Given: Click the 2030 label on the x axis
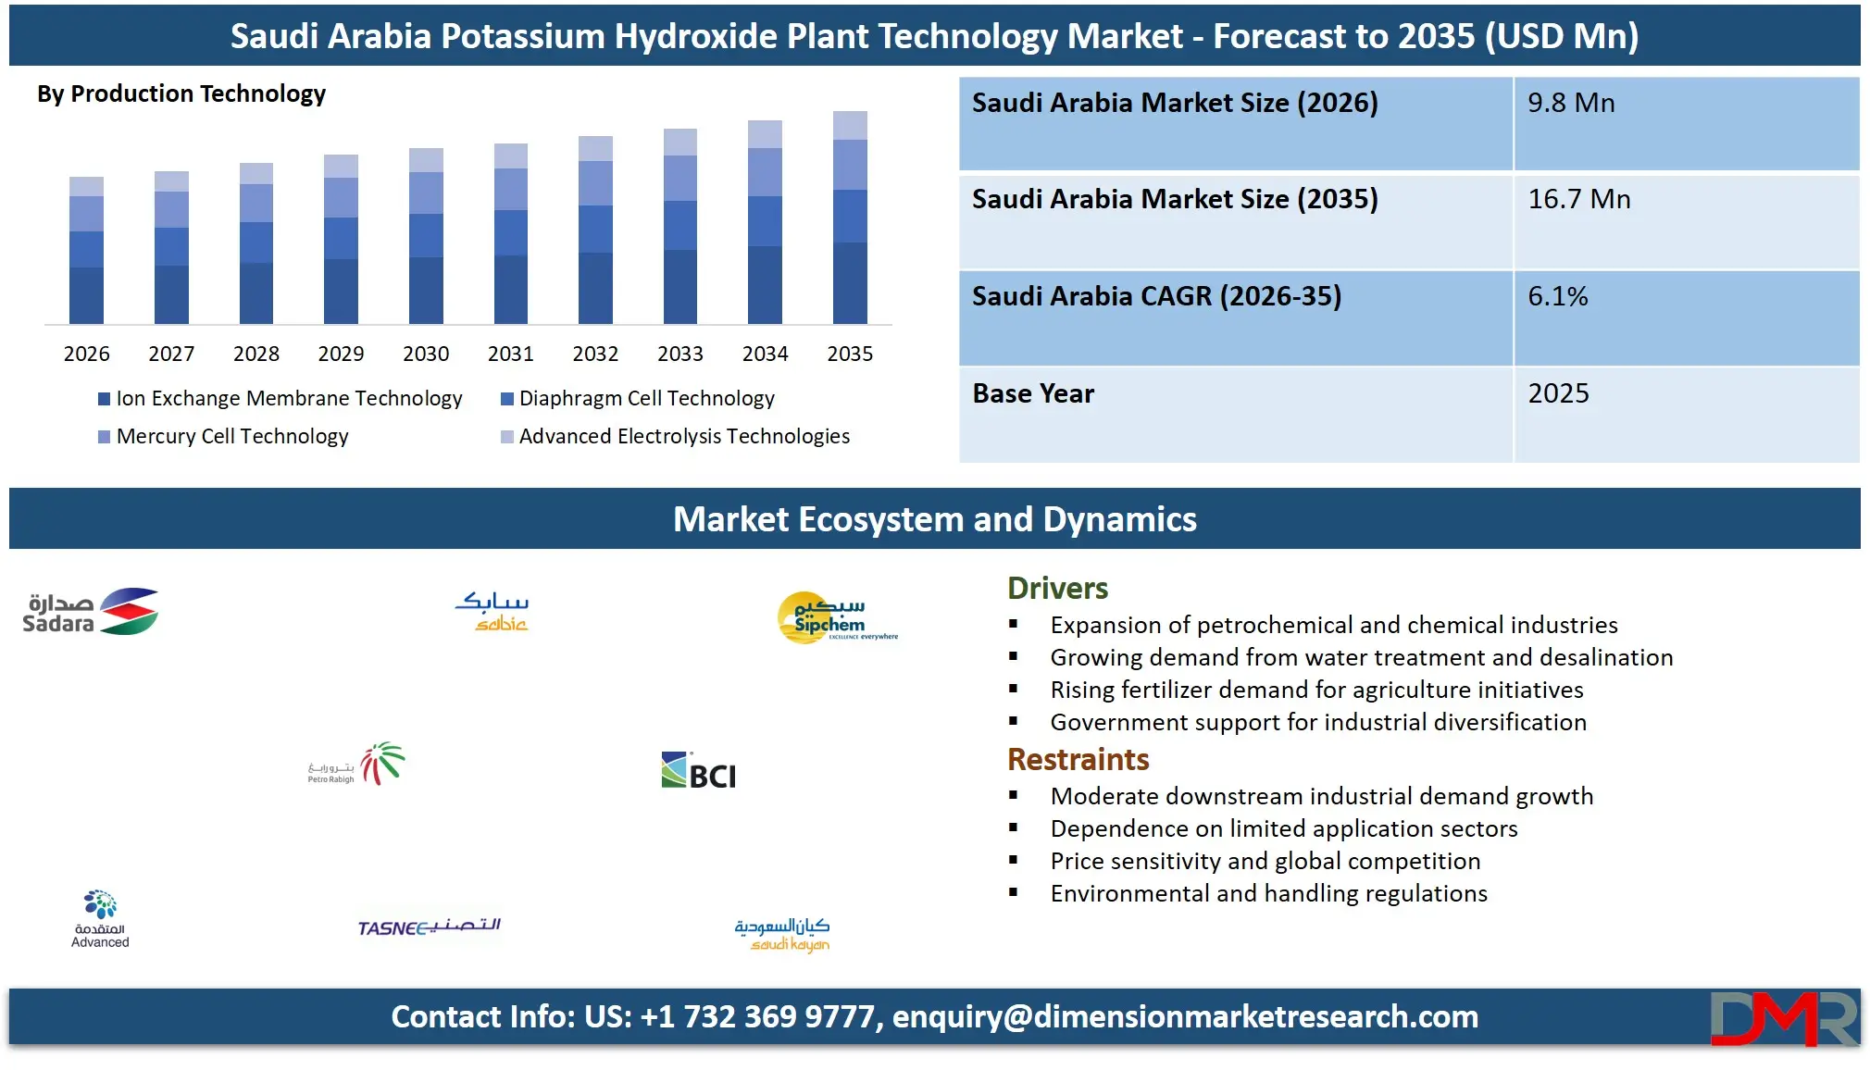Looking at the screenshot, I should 426,354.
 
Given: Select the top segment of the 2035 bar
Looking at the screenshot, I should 850,125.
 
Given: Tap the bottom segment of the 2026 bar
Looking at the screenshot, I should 86,295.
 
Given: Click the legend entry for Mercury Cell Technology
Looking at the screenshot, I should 231,436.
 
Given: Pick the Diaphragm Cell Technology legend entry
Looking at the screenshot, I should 646,398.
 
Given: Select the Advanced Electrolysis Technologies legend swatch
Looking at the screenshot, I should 507,437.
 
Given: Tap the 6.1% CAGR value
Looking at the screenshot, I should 1557,296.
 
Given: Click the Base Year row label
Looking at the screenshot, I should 1033,393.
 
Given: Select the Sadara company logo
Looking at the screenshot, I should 91,612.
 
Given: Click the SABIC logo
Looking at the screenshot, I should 492,612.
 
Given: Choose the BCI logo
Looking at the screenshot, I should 699,772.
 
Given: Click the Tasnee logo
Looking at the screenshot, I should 430,927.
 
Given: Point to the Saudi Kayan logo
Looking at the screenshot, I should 782,934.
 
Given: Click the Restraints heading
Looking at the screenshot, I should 1078,759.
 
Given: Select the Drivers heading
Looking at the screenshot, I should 1057,588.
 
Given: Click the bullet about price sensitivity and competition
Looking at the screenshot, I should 1265,861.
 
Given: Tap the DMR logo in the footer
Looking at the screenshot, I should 1783,1018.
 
